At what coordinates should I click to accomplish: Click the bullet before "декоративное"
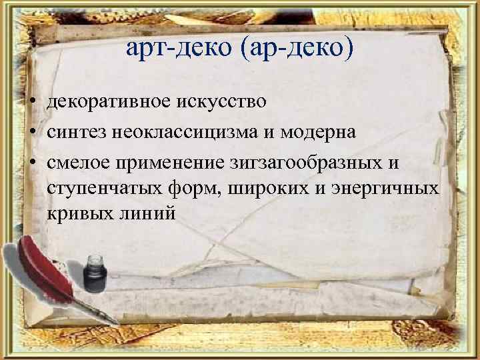(x=32, y=102)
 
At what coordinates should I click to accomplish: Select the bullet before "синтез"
(x=32, y=132)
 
